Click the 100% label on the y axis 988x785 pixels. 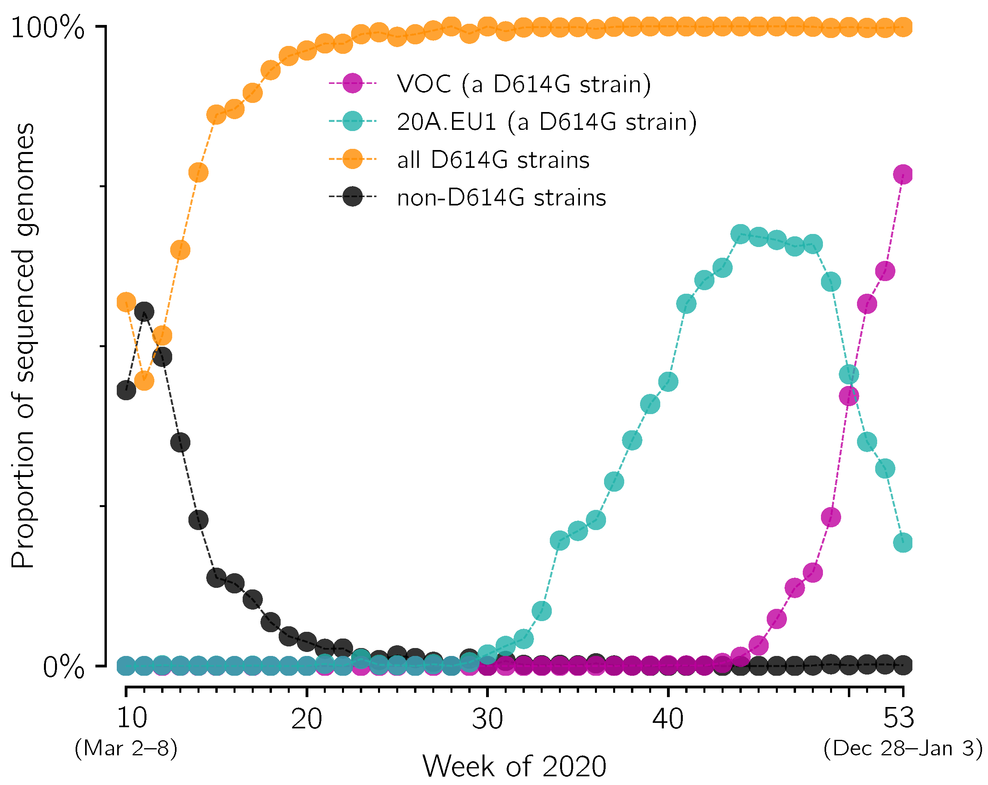point(47,28)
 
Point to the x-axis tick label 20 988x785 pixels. point(307,718)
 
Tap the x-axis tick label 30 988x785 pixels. point(487,718)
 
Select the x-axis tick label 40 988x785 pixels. point(668,718)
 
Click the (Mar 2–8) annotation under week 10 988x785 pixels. point(126,748)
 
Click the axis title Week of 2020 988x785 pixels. point(514,766)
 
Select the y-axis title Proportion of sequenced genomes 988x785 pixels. point(23,346)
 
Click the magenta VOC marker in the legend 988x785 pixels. point(352,84)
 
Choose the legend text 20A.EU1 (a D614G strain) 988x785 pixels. point(546,122)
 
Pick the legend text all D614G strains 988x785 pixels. point(493,160)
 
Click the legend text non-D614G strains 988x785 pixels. point(502,198)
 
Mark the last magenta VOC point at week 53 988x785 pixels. point(903,174)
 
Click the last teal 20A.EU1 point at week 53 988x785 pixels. point(903,543)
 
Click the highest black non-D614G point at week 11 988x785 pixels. point(144,312)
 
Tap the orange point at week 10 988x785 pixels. point(126,302)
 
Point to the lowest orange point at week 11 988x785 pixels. point(144,380)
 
